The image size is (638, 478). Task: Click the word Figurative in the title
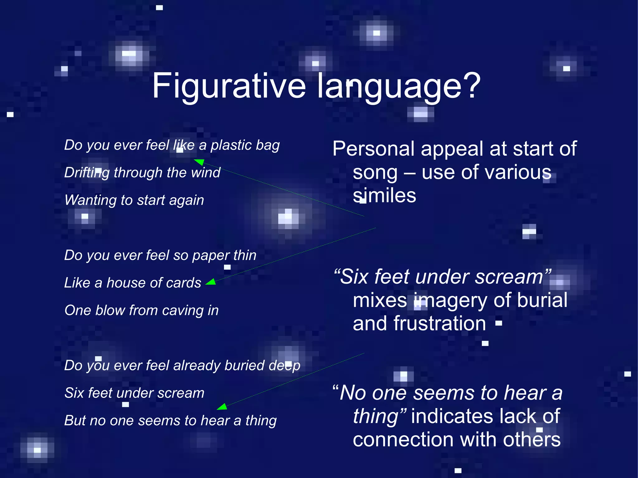[x=229, y=86]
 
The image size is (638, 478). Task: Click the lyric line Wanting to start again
[x=134, y=200]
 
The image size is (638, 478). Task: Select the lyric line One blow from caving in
[x=141, y=310]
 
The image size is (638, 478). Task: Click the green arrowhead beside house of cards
[x=211, y=282]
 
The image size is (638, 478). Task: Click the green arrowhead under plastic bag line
[x=199, y=162]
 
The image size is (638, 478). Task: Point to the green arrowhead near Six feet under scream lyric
[x=222, y=407]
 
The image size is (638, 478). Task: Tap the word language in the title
[x=389, y=86]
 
